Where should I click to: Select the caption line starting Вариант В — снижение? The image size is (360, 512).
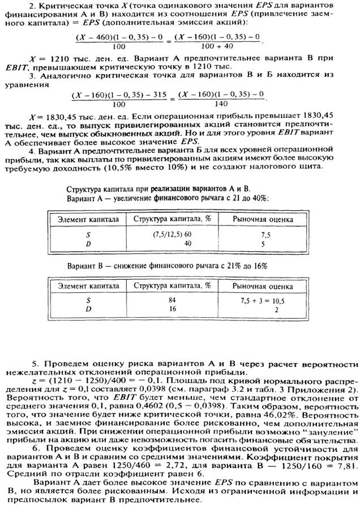click(x=167, y=265)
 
